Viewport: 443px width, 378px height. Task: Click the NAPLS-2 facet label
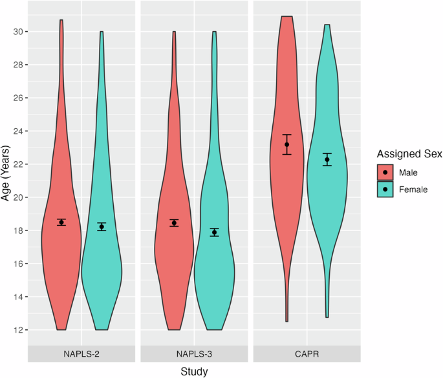pos(81,354)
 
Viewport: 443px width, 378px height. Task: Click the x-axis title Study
pos(194,371)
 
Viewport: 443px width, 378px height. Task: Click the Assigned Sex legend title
pos(410,154)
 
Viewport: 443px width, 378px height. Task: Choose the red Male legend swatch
pos(386,173)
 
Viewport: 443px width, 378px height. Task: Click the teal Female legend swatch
pos(386,190)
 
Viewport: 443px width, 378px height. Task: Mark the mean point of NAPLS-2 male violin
pos(61,223)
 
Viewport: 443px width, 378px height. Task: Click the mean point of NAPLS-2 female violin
pos(102,227)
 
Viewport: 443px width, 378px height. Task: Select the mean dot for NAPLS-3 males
pos(174,223)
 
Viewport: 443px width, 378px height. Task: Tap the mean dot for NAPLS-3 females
pos(215,232)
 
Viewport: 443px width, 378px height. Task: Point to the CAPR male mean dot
pos(286,144)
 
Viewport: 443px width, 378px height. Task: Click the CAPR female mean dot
pos(327,159)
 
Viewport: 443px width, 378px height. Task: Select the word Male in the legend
pos(409,173)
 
